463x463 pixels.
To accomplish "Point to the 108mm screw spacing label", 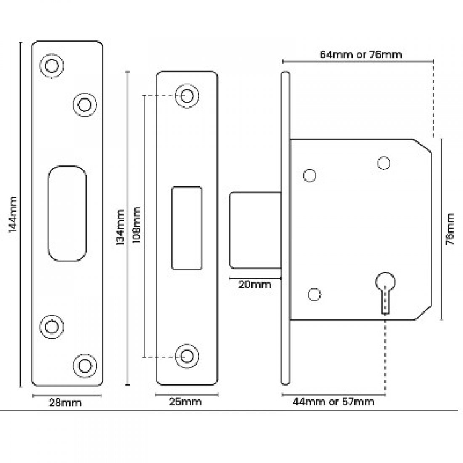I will click(x=136, y=227).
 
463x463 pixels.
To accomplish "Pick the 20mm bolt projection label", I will click(x=255, y=285).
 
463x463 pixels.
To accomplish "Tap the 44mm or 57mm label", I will click(x=333, y=402).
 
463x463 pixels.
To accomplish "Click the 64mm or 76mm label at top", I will click(x=361, y=54).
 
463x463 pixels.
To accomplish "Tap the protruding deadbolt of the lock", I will click(x=255, y=230).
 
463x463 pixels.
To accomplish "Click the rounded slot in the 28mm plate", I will click(x=67, y=213).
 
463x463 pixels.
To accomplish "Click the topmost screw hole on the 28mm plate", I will click(x=52, y=66).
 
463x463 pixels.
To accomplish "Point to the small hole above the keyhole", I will click(x=383, y=162).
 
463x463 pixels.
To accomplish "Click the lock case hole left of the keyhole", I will click(x=313, y=294).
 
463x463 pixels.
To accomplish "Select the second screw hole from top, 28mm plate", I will click(x=84, y=104).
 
